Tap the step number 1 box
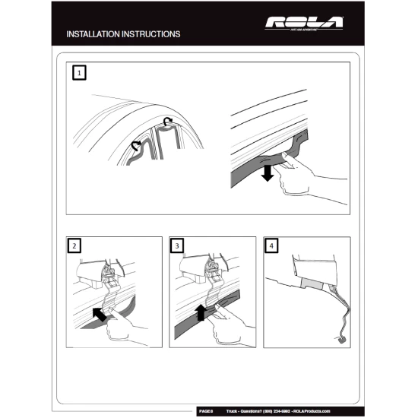[x=79, y=73]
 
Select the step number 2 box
[x=74, y=246]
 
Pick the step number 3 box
[x=178, y=246]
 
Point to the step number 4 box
[x=272, y=246]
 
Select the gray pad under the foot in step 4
[x=311, y=283]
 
